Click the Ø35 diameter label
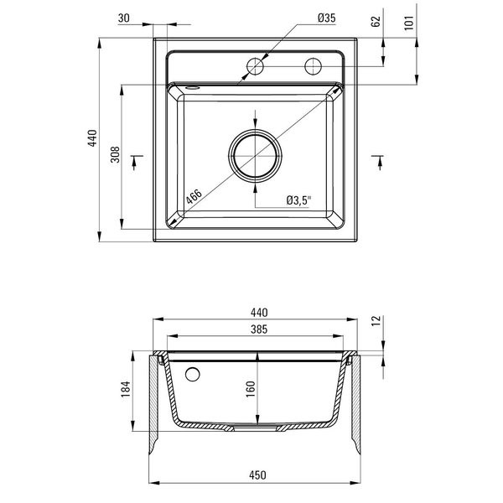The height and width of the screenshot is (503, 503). [x=327, y=18]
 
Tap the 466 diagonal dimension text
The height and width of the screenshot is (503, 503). [x=194, y=196]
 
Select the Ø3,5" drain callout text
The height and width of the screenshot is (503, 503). [x=298, y=200]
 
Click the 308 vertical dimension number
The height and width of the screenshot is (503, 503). [x=115, y=154]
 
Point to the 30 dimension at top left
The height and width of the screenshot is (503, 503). [x=124, y=18]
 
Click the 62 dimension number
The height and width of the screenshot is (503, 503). [x=376, y=22]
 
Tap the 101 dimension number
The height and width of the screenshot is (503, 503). [x=409, y=23]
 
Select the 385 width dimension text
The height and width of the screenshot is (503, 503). [x=259, y=329]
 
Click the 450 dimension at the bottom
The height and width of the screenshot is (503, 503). [x=257, y=474]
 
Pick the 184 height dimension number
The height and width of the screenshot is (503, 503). [x=126, y=389]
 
